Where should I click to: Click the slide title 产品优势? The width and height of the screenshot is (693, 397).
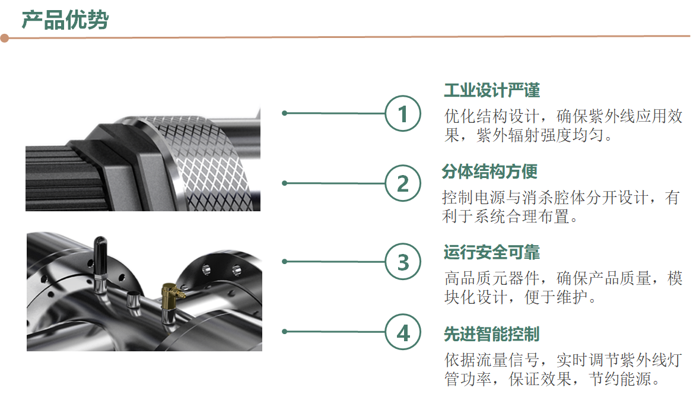tap(65, 20)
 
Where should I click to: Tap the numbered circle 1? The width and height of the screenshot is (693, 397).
tap(403, 113)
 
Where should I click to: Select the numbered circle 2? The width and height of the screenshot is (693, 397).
tap(403, 183)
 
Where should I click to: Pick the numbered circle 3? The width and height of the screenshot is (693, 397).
tap(403, 262)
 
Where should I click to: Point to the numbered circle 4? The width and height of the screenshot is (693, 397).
tap(403, 332)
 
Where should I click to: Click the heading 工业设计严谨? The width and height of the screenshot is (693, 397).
tap(492, 90)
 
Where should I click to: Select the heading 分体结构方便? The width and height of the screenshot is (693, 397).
tap(489, 171)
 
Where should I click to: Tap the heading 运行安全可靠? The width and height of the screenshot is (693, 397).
tap(492, 252)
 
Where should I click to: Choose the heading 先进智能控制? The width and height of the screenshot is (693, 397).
tap(492, 334)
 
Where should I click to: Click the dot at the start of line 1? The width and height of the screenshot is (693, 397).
tap(285, 113)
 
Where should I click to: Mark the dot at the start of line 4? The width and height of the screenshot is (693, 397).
tap(285, 332)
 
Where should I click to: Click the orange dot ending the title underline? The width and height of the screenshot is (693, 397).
tap(4, 39)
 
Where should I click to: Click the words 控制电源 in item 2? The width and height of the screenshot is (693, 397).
tap(474, 198)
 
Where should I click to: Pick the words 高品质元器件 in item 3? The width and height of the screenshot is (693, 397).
tap(492, 278)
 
